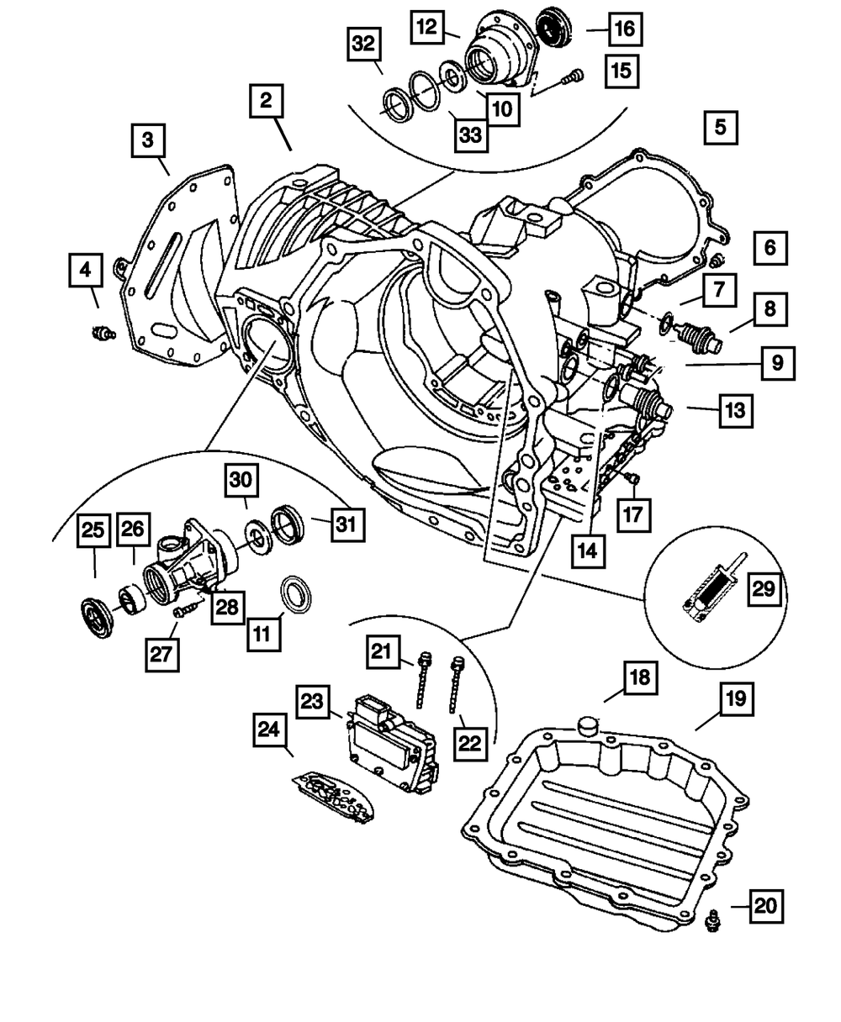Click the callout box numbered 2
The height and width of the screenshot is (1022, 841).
pyautogui.click(x=267, y=103)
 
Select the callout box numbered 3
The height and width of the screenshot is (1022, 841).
pyautogui.click(x=148, y=140)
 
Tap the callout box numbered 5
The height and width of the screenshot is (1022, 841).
pyautogui.click(x=720, y=129)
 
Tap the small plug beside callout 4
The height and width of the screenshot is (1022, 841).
pyautogui.click(x=102, y=335)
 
